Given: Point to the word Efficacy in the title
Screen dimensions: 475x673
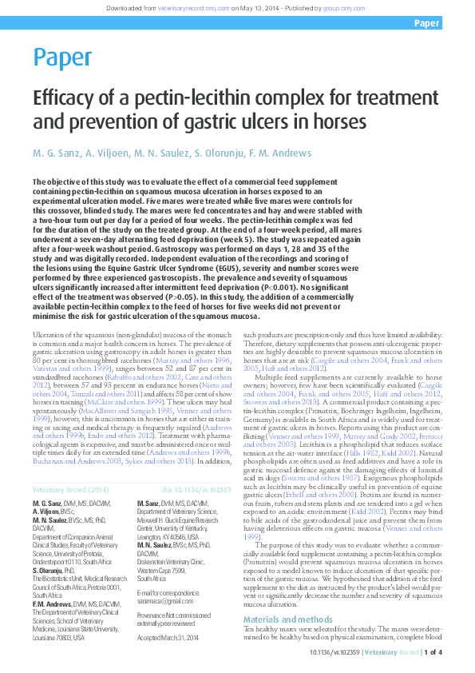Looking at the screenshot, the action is point(59,99).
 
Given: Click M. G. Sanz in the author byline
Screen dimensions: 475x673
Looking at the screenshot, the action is point(54,153).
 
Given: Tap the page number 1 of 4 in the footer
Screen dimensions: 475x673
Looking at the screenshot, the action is point(431,652).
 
